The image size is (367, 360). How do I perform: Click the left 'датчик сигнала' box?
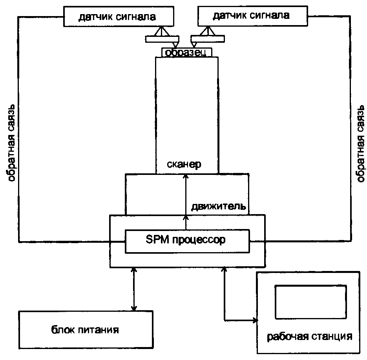[x=119, y=16]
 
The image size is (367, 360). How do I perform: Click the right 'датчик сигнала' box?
[x=252, y=16]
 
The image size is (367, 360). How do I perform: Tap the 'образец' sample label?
[x=186, y=53]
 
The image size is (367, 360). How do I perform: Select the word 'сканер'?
[x=184, y=164]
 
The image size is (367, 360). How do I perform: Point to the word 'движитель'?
[x=219, y=206]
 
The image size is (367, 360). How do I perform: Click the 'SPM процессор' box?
[x=187, y=241]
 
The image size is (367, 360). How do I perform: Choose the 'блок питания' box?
[x=86, y=330]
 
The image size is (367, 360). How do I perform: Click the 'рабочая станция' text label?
[x=309, y=336]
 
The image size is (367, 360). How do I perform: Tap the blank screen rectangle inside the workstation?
[x=310, y=302]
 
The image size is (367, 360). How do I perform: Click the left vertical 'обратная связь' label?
[x=11, y=143]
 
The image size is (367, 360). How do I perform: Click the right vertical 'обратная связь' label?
[x=360, y=144]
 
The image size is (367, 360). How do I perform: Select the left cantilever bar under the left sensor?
[x=162, y=39]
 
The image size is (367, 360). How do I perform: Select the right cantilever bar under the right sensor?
[x=208, y=38]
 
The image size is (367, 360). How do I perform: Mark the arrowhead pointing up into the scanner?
[x=186, y=176]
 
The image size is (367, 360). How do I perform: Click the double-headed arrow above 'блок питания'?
[x=133, y=289]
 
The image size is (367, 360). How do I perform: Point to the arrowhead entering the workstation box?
[x=255, y=320]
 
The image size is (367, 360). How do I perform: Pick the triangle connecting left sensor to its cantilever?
[x=161, y=31]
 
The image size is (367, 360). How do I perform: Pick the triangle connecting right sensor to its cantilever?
[x=207, y=31]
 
